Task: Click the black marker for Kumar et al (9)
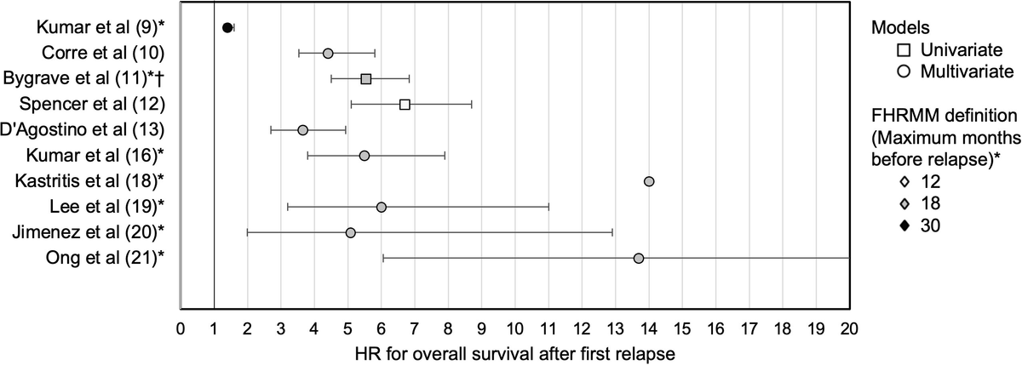coord(227,28)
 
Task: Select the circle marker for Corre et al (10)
coord(328,54)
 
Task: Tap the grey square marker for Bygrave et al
coord(366,79)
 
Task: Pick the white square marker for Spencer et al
coord(405,105)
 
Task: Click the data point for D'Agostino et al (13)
coord(302,130)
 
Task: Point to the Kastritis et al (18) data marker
coord(649,181)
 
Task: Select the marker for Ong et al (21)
coord(639,258)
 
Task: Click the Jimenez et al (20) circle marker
coord(350,232)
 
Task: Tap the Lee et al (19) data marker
coord(381,207)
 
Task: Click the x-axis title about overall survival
coord(514,350)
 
